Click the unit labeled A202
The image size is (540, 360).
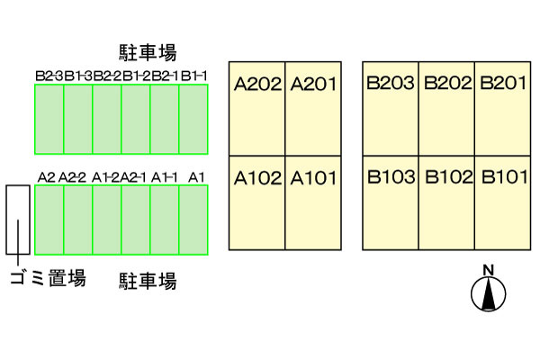257,108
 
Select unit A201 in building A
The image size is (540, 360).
313,108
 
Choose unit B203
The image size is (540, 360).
390,108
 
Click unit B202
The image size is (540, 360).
447,108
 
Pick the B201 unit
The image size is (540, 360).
503,108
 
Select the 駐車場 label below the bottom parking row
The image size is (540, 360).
148,281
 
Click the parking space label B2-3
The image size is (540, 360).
49,76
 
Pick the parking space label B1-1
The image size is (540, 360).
194,76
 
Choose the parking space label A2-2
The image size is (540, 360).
75,177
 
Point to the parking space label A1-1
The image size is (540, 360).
165,177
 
